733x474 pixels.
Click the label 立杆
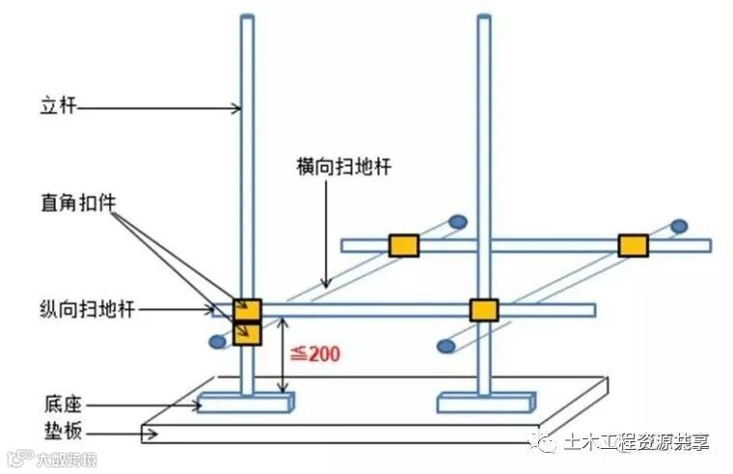click(48, 109)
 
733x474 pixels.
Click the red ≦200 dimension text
click(317, 354)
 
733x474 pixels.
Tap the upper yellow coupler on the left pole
click(247, 309)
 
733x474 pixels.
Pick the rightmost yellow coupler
click(633, 245)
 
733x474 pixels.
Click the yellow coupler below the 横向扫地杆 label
click(403, 245)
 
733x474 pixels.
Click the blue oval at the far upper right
click(680, 226)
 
